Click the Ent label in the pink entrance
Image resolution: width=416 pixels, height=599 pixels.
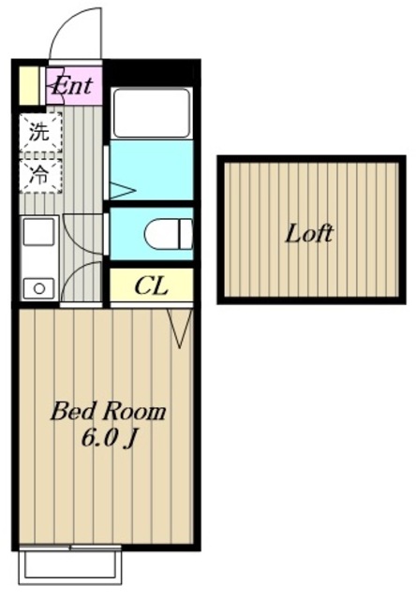coord(73,86)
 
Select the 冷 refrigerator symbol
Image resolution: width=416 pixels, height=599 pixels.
coord(40,175)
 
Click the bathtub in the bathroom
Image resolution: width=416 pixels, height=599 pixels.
coord(152,112)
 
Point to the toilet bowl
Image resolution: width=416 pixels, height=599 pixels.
coord(169,234)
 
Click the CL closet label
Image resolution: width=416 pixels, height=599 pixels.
coord(152,285)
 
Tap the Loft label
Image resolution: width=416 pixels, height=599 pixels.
coord(309,233)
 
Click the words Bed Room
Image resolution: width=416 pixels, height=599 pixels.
coord(108,412)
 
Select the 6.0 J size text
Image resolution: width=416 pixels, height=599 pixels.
coord(109,439)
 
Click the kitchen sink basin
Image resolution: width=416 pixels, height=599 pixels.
coord(38,232)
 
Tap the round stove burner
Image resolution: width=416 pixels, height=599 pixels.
coord(39,288)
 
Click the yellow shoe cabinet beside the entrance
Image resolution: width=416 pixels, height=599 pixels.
coord(29,86)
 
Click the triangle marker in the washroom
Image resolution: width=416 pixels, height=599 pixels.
coord(123,190)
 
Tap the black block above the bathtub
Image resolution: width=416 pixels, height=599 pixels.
coord(151,72)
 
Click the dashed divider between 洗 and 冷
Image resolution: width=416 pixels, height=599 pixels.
coord(40,155)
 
